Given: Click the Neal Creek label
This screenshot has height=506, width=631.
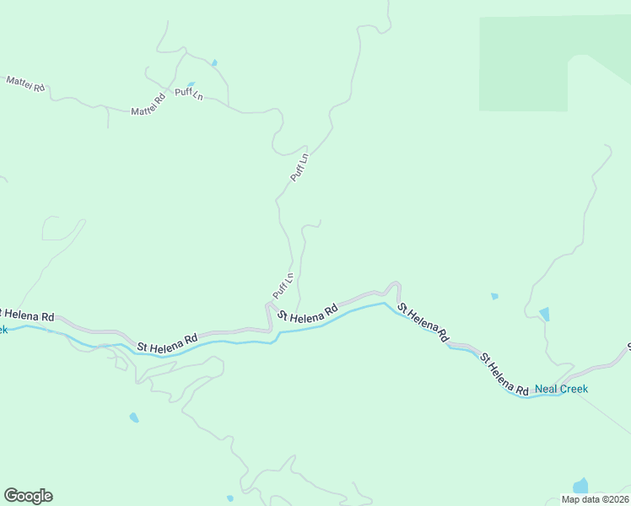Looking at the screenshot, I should tap(561, 389).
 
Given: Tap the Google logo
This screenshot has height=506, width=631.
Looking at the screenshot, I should tap(28, 496).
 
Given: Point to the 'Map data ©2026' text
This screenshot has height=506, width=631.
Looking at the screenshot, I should tap(595, 499).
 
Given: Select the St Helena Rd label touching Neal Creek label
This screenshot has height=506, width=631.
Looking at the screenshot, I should tap(504, 374).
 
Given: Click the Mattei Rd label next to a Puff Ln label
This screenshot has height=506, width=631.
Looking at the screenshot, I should tap(148, 105).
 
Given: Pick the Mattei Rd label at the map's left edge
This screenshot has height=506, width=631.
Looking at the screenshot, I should tap(25, 83).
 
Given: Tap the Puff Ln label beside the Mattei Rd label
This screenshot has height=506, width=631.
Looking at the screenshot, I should tap(189, 94).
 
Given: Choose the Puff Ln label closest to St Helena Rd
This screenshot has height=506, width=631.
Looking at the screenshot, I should tap(283, 286).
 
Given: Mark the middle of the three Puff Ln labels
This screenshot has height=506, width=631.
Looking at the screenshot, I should tap(299, 167).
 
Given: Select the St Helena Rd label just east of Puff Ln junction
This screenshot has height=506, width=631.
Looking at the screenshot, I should tap(307, 311).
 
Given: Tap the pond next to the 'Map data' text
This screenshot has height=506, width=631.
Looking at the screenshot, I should tap(580, 486).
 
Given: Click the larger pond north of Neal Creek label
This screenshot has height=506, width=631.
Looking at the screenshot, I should tap(544, 315).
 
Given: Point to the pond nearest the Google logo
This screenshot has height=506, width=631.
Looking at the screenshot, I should tap(133, 417).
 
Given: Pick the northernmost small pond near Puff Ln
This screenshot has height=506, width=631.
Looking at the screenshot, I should tap(214, 62).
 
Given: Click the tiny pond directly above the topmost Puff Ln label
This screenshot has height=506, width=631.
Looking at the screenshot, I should tap(191, 84).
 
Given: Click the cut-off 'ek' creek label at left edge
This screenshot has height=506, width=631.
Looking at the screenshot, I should tap(3, 330).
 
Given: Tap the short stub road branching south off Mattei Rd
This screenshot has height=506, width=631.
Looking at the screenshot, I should tap(108, 119).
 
